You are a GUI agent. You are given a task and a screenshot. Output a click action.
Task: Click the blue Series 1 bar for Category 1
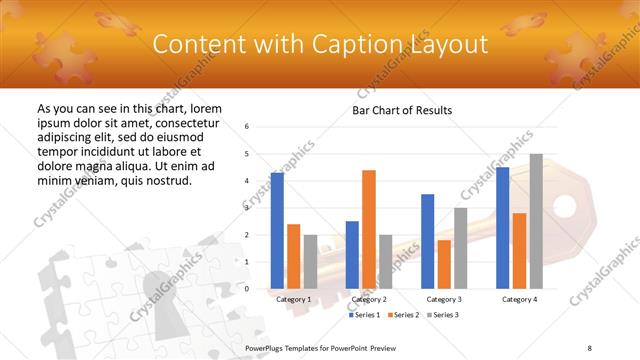[277, 230]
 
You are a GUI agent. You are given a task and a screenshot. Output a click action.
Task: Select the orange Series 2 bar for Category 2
[368, 229]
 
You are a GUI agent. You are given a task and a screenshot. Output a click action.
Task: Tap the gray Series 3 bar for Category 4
[536, 221]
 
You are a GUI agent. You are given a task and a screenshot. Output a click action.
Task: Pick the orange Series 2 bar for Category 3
[443, 264]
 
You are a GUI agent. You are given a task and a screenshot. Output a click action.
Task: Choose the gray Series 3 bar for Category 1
[310, 262]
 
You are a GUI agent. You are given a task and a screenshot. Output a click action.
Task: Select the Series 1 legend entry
[365, 315]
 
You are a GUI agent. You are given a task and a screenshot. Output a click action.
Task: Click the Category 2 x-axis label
[368, 299]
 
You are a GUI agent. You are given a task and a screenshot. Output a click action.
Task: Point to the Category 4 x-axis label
[519, 299]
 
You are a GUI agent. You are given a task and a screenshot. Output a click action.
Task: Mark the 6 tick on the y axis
[247, 127]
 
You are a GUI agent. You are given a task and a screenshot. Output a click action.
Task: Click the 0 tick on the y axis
[247, 288]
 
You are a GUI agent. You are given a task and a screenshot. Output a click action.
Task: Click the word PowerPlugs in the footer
[266, 346]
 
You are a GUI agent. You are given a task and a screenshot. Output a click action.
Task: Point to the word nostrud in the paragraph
[168, 180]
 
